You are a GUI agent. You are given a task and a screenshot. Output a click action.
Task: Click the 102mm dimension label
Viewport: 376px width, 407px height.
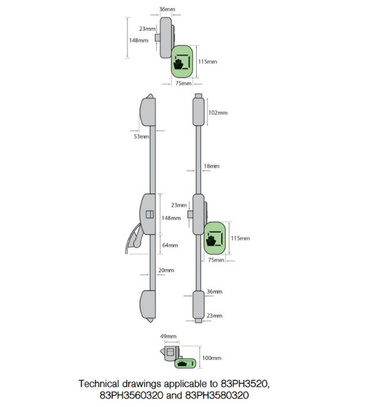(x=217, y=113)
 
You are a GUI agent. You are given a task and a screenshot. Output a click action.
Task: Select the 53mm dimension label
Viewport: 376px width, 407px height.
(x=142, y=137)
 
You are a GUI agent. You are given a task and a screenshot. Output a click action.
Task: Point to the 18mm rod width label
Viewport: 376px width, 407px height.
(x=212, y=166)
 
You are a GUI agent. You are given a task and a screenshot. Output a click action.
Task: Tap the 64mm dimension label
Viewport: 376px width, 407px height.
(x=170, y=245)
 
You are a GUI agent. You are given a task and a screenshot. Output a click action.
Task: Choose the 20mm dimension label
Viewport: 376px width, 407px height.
(x=166, y=270)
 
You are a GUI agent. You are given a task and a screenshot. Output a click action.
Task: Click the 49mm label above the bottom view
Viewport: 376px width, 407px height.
(x=168, y=336)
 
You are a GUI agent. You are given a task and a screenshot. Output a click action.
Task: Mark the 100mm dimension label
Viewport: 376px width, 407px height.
(x=212, y=358)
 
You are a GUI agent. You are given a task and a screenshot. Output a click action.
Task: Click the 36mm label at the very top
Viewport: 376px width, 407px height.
(x=167, y=9)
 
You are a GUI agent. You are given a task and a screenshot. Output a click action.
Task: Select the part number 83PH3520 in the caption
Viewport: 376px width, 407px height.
(x=244, y=384)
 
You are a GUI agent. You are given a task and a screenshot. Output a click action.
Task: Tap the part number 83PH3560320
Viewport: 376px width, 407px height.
(x=132, y=395)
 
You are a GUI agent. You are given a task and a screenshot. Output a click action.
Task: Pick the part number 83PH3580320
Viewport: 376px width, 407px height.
(x=217, y=395)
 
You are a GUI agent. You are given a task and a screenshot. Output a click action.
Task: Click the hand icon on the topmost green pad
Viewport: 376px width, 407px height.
(x=178, y=64)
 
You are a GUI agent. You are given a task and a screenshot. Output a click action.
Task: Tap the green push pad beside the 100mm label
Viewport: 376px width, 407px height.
(x=185, y=363)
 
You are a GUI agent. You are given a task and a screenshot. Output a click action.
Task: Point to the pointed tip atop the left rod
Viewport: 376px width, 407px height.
(x=150, y=95)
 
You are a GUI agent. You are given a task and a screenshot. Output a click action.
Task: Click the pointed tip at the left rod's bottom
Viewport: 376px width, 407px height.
(x=150, y=321)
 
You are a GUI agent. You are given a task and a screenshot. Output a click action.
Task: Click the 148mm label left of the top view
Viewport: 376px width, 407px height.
(x=138, y=41)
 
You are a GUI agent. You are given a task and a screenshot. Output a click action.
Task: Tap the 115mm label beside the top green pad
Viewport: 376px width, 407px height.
(x=207, y=62)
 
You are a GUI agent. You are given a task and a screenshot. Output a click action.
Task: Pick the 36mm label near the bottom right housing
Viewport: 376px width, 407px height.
(x=214, y=292)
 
